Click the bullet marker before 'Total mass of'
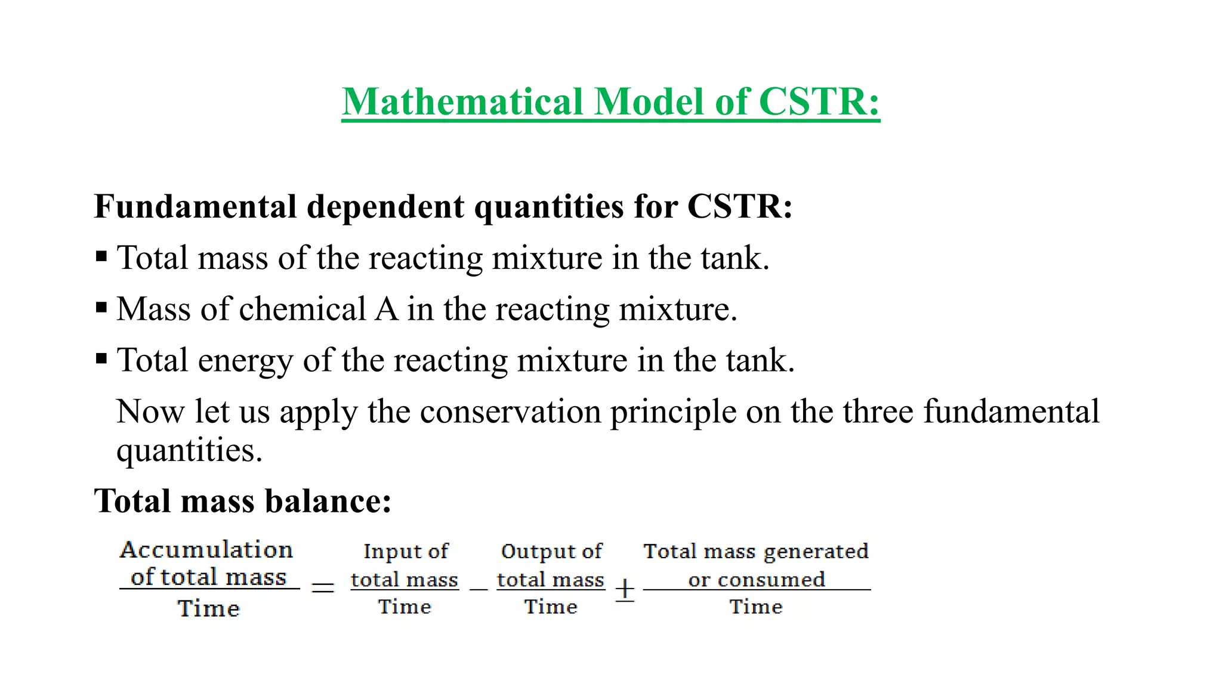pyautogui.click(x=101, y=257)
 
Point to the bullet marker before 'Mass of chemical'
pyautogui.click(x=101, y=308)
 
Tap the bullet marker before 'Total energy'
pyautogui.click(x=101, y=360)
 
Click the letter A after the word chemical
pyautogui.click(x=386, y=309)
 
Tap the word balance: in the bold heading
pyautogui.click(x=328, y=501)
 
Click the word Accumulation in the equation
pyautogui.click(x=206, y=549)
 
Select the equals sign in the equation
pyautogui.click(x=323, y=588)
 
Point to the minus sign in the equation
pyautogui.click(x=478, y=589)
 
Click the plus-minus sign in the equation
pyautogui.click(x=625, y=590)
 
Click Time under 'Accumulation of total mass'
pyautogui.click(x=209, y=608)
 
